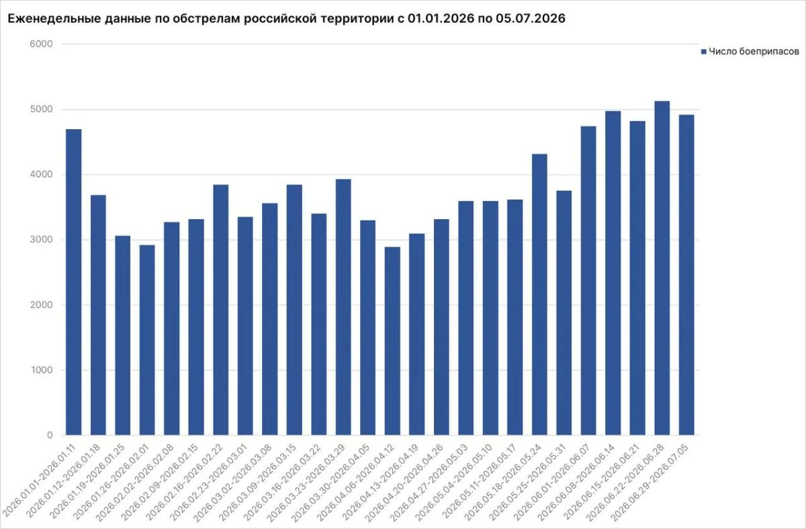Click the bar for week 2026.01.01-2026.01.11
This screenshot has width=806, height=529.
73,282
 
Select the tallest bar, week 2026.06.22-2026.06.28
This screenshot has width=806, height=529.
662,268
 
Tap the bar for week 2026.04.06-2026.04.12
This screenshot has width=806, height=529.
392,341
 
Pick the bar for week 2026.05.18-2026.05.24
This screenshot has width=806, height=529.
539,294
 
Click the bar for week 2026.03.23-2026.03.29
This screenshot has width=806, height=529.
343,307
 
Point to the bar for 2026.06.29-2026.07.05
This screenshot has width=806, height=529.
686,275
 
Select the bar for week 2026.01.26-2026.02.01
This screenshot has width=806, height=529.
147,340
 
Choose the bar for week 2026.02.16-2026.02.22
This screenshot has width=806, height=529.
221,310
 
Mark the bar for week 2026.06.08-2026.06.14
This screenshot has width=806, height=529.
613,273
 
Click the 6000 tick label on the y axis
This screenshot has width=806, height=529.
41,44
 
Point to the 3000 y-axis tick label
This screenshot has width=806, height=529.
41,239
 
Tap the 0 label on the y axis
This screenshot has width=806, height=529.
50,435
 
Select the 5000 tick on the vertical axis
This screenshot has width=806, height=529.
41,109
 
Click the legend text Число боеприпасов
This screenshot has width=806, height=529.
754,52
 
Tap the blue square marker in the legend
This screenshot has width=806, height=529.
704,52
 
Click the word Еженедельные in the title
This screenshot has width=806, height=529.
54,18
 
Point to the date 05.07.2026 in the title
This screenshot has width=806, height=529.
531,18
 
